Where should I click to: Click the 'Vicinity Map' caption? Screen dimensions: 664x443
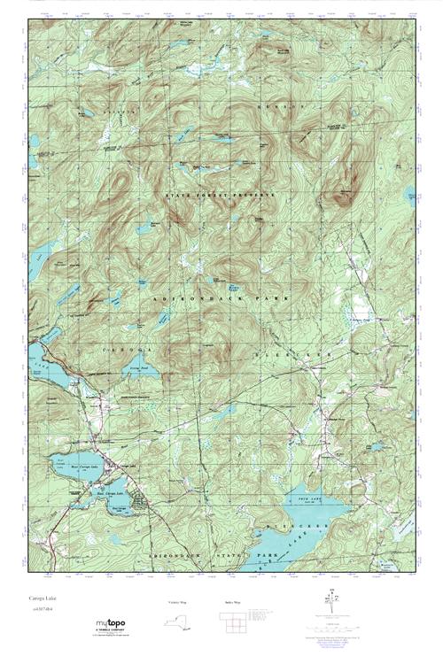pos(178,602)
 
